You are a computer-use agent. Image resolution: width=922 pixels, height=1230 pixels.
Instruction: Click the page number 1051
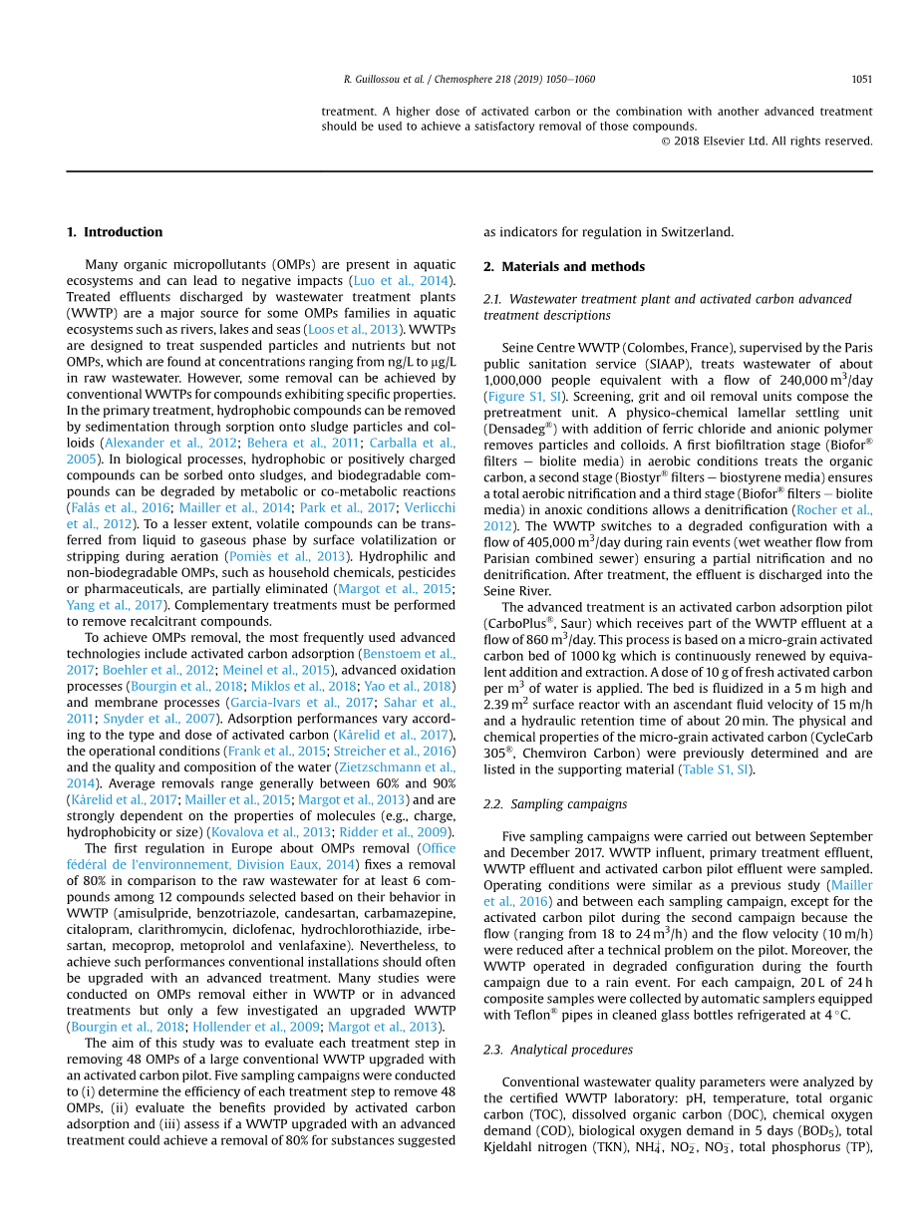tap(861, 79)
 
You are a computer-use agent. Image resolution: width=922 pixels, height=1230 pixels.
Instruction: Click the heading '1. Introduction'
tap(115, 232)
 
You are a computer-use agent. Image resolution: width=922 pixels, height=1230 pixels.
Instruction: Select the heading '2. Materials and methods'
tap(564, 267)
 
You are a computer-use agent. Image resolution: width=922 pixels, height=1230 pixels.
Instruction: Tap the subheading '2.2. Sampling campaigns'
tap(556, 803)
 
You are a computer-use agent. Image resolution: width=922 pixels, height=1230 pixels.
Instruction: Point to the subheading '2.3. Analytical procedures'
tap(557, 1050)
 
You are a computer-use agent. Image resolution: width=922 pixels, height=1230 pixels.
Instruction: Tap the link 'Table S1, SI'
tap(716, 769)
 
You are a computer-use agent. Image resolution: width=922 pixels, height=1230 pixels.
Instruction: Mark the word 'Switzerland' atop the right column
tap(697, 232)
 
